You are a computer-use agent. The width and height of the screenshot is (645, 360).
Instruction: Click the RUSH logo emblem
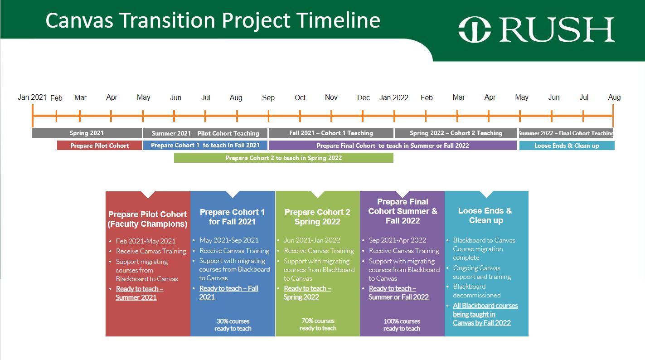point(475,29)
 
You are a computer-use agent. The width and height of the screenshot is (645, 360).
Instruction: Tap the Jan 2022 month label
point(393,98)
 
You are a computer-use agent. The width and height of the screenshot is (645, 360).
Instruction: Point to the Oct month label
point(300,98)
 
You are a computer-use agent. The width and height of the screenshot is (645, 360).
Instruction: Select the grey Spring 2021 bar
point(87,133)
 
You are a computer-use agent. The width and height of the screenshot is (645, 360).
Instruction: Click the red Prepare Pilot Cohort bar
point(99,146)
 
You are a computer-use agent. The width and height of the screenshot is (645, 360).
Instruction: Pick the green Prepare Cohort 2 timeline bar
point(284,158)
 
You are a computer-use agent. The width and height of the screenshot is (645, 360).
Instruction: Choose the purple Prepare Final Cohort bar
point(393,146)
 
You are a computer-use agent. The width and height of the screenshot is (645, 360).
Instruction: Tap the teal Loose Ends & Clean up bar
point(567,146)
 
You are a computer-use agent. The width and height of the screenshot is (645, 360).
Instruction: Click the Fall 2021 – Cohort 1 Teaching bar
point(331,133)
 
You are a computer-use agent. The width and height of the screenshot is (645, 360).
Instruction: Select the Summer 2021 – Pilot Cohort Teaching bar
point(205,133)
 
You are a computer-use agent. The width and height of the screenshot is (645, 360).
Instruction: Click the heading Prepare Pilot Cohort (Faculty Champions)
point(147,219)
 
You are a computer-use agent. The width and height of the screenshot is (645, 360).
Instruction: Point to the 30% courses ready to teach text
point(233,325)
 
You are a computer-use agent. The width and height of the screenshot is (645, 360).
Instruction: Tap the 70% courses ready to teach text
point(318,325)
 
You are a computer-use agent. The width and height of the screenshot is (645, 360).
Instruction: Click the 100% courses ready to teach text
point(402,325)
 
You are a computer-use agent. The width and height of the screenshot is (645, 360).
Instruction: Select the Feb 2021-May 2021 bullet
point(145,241)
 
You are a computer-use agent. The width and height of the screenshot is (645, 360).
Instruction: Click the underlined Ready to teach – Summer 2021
point(139,293)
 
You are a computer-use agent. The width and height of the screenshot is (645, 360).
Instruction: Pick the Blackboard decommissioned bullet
point(476,291)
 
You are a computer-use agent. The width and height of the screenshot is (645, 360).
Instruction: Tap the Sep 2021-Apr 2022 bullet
point(398,240)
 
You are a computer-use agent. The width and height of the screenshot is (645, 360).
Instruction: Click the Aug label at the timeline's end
point(614,97)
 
